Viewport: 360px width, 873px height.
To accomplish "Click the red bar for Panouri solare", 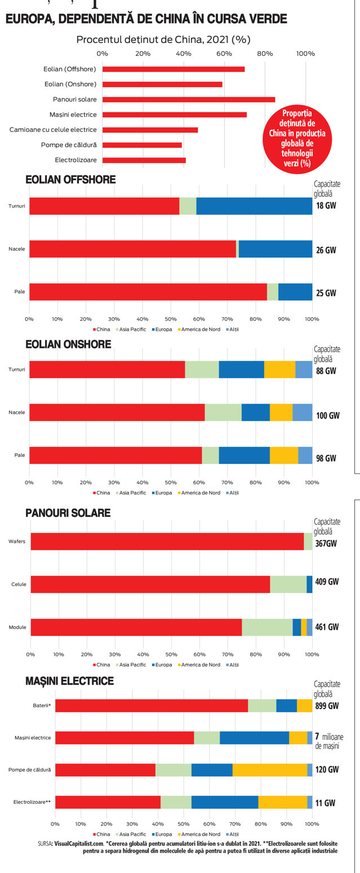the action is [189, 99].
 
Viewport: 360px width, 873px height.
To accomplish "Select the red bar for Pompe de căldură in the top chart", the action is [142, 145].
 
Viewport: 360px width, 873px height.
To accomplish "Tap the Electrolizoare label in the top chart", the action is [75, 160].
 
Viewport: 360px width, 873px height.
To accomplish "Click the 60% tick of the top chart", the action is [224, 54].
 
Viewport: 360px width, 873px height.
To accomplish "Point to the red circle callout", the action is [297, 138].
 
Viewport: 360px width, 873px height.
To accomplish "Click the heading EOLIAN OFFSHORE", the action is [70, 180].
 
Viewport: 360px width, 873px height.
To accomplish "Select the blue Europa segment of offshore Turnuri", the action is [254, 206].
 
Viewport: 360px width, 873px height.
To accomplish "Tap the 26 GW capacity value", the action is [326, 250].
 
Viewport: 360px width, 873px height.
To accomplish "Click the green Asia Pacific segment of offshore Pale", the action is [272, 292].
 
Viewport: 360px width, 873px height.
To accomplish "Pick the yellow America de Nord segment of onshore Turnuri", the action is [280, 370].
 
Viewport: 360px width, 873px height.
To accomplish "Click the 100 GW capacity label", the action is [328, 415].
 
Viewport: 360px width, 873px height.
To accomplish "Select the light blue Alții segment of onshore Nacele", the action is [303, 413].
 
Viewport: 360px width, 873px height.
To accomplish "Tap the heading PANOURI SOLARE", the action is [68, 513].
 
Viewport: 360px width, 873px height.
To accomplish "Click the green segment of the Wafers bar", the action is [308, 542].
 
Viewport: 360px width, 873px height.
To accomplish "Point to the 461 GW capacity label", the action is [327, 627].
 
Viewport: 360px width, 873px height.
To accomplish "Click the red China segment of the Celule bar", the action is [150, 584].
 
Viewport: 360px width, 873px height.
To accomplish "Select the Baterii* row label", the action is [42, 706].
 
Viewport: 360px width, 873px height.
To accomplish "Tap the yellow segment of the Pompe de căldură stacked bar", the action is [270, 770].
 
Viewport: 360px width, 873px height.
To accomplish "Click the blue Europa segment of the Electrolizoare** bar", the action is [225, 803].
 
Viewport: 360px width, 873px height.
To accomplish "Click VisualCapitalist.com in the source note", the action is [79, 843].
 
